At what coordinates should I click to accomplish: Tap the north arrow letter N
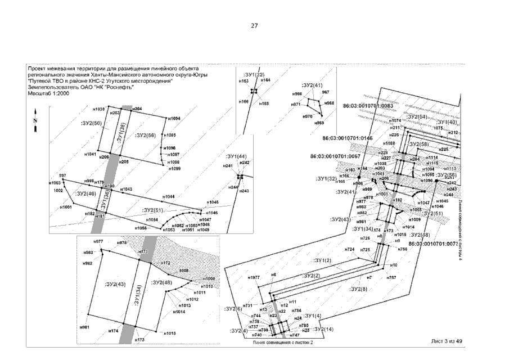click(35, 120)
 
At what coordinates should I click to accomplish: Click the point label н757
click(391, 278)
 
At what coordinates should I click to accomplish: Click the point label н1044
click(169, 196)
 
